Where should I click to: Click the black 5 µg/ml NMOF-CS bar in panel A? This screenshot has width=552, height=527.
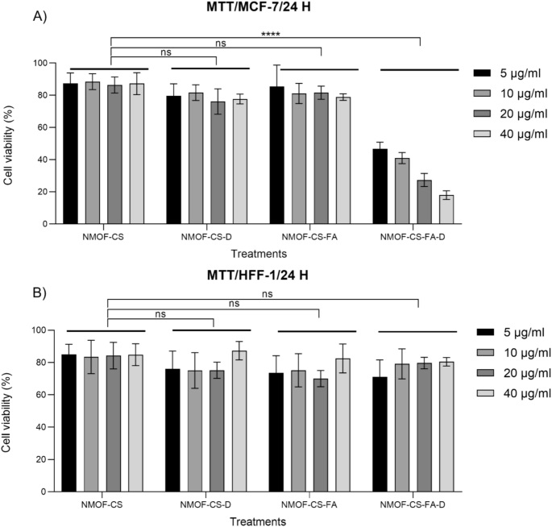click(x=70, y=153)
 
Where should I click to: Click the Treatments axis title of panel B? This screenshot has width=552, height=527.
click(x=251, y=521)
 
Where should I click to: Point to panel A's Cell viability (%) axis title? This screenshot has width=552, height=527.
click(x=10, y=143)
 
